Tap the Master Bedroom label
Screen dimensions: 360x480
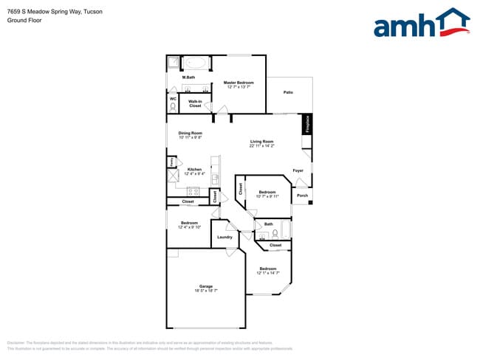[x=239, y=83]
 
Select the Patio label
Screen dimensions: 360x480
[x=289, y=91]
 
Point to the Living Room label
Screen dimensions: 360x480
[x=261, y=142]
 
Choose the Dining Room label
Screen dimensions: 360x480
[x=190, y=133]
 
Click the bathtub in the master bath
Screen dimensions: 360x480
[x=196, y=63]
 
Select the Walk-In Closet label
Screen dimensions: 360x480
[x=195, y=103]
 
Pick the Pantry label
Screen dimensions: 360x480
[x=172, y=162]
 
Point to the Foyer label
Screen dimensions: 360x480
[x=298, y=170]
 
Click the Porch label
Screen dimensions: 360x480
[x=302, y=196]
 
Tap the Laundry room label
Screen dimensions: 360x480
[x=224, y=237]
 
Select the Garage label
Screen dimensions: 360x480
[x=205, y=286]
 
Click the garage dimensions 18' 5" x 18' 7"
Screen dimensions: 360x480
[x=205, y=291]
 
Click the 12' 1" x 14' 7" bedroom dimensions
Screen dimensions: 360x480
[x=267, y=273]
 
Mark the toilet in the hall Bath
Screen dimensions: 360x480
[x=275, y=234]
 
